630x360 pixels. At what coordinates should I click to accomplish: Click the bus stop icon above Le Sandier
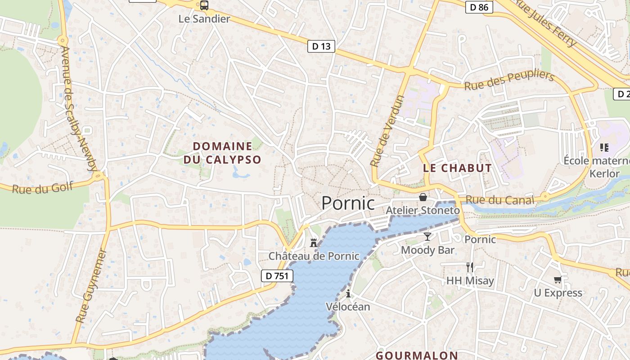coord(204,6)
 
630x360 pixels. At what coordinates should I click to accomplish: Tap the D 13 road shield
coord(321,46)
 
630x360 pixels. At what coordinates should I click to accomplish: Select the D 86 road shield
coord(479,7)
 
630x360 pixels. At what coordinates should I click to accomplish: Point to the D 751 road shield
coord(277,276)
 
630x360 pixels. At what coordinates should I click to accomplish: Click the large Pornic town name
coord(348,203)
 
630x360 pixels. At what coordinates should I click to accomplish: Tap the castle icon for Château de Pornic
coord(314,243)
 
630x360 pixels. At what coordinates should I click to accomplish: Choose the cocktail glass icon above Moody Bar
coord(427,237)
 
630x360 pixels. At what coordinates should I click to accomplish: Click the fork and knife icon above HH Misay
coord(470,267)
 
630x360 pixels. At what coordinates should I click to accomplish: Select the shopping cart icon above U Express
coord(558,280)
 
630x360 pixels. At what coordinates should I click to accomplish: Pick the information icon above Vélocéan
coord(348,294)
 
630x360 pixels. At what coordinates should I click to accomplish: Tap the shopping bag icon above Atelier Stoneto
coord(423,197)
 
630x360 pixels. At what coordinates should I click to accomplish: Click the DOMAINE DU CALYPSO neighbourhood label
coord(222,153)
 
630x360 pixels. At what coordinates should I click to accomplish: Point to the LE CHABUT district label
coord(457,168)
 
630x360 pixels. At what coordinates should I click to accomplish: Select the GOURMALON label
coord(417,355)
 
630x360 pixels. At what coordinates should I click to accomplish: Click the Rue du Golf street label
coord(42,188)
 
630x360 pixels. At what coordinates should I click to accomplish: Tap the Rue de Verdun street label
coord(388,130)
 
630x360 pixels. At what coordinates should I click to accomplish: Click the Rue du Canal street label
coord(499,199)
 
